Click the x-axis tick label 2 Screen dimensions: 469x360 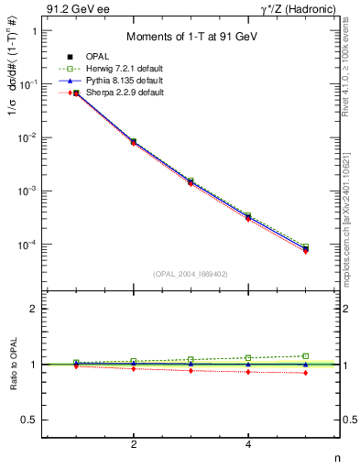pos(134,444)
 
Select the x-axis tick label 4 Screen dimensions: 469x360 pos(248,444)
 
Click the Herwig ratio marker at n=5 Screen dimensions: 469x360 pos(305,355)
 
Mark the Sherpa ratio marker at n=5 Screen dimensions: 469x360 pos(305,373)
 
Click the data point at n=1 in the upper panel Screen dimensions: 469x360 pos(76,93)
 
